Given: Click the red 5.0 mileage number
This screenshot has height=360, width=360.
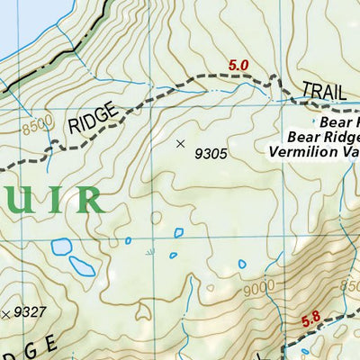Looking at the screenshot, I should pos(238,65).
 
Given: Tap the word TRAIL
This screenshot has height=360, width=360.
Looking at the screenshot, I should pos(323,91).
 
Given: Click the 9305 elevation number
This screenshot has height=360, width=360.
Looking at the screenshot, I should pos(210,153).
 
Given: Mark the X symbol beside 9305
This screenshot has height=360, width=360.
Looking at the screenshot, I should pos(180,143).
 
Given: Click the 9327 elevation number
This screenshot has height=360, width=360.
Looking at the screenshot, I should pos(30,312).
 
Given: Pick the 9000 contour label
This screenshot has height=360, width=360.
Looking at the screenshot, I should pos(257,288).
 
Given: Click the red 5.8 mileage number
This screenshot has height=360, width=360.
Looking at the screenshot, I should pos(311,318).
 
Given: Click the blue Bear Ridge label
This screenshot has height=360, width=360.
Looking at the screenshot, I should pos(323,138).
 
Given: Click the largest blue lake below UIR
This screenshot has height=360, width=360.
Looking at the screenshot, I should pos(81,266).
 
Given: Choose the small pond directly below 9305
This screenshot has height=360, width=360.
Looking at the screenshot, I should pos(178,232).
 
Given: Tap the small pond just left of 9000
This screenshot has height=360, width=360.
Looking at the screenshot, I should pos(241,265).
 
